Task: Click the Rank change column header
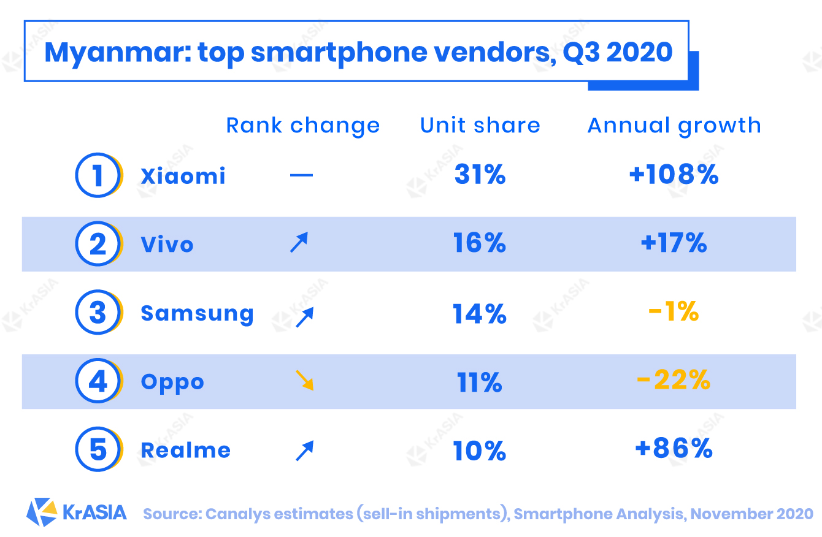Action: click(303, 126)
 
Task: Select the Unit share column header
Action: click(480, 126)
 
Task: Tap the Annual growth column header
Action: click(674, 126)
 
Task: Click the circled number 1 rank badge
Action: click(98, 176)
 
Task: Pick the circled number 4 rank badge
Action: click(98, 381)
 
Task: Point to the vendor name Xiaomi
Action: click(183, 177)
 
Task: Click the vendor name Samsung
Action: click(197, 313)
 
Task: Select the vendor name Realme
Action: click(185, 451)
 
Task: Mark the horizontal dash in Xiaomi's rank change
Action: click(301, 176)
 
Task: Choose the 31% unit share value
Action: click(480, 175)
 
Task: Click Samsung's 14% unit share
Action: click(480, 314)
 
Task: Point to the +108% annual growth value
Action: click(674, 175)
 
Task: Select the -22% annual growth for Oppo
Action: click(674, 381)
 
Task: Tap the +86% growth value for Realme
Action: click(674, 449)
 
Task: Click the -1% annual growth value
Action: click(674, 313)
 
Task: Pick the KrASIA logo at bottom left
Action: click(77, 512)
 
